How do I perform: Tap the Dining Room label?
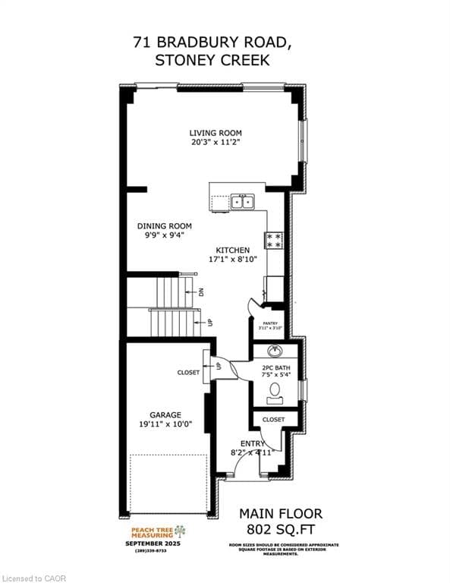pos(164,226)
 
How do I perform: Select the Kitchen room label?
pos(232,250)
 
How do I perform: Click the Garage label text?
pos(165,414)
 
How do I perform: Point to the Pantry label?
pos(270,323)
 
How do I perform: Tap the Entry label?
pos(253,444)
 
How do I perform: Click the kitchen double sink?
pos(242,202)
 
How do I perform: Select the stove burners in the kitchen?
pos(273,241)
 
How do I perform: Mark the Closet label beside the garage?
pos(189,373)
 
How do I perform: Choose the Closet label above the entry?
pos(273,419)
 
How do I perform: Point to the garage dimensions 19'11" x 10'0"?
pos(165,424)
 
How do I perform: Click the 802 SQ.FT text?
pos(281,528)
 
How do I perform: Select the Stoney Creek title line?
pos(212,61)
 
